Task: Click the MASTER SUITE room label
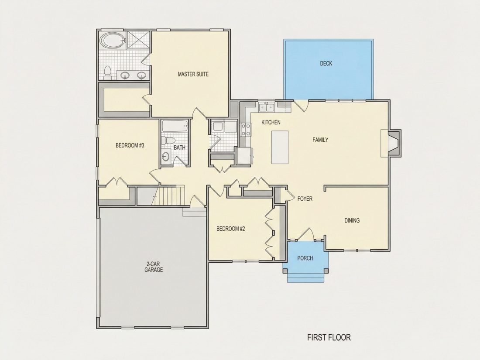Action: click(193, 74)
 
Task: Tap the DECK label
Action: click(326, 63)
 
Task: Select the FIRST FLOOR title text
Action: click(329, 337)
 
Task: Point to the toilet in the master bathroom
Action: click(107, 73)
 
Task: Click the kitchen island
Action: click(280, 147)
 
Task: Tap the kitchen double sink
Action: click(266, 107)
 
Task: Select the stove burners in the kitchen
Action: click(246, 129)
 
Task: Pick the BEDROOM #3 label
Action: click(130, 145)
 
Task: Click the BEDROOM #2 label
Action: click(231, 229)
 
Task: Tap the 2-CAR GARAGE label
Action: click(154, 267)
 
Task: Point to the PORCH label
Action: click(305, 258)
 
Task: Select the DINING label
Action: click(352, 220)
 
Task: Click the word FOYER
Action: click(305, 199)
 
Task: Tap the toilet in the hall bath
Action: click(168, 140)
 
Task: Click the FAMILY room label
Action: click(320, 140)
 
